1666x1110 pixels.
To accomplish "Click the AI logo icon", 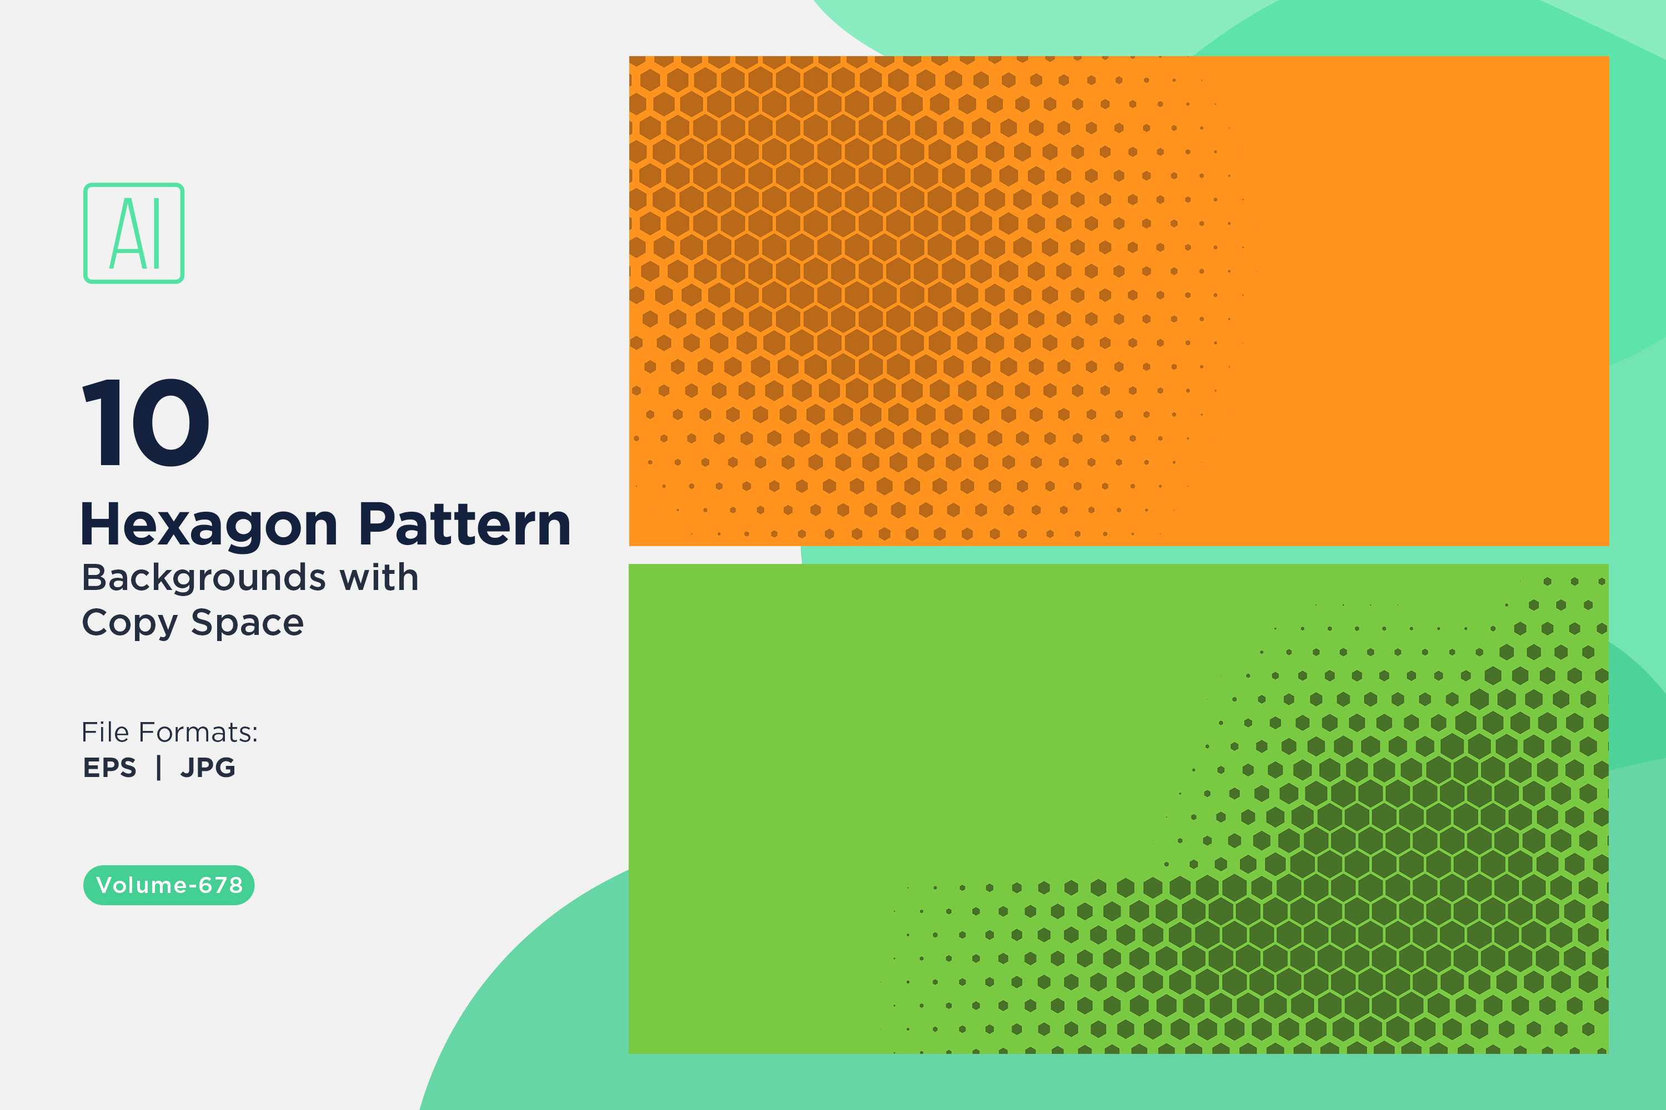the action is pos(134,233).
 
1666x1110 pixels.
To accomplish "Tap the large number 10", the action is pos(146,422).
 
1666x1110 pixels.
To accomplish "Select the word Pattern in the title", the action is pos(465,524).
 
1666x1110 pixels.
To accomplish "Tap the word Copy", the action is pos(129,624).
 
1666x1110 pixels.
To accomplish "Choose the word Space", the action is pos(247,624).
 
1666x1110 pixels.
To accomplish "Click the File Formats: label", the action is pos(170,732).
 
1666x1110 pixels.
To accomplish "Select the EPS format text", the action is pos(110,768).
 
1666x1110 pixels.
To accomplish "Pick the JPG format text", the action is pos(208,768).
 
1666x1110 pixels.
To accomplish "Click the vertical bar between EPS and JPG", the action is pos(159,768).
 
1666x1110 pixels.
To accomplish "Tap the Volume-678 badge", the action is pos(169,885).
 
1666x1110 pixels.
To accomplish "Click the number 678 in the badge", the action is pos(220,885).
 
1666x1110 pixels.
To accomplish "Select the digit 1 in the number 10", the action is pos(101,422).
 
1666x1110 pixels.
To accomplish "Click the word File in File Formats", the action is pos(105,732).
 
